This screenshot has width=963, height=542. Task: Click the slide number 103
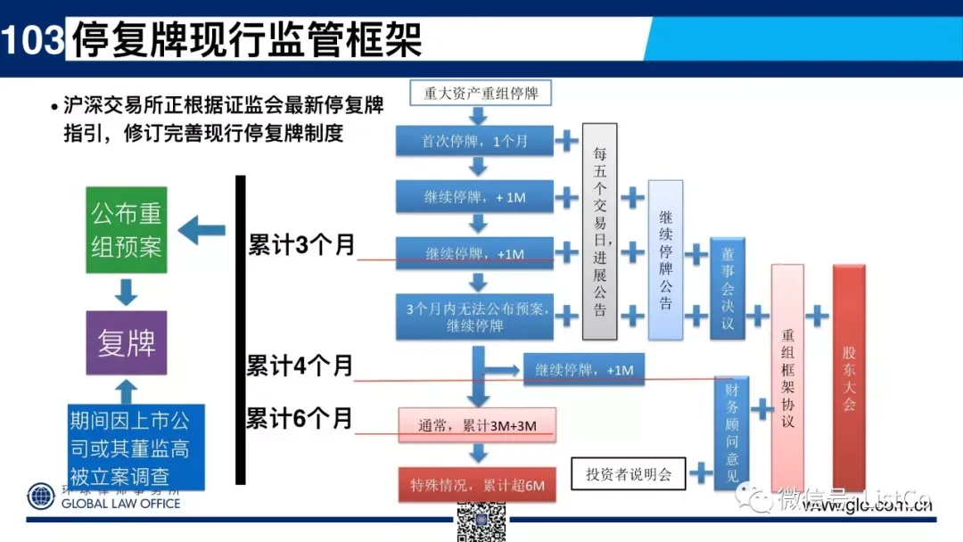point(33,40)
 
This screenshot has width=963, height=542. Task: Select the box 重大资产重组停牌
point(481,93)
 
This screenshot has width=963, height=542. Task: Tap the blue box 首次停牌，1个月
point(475,141)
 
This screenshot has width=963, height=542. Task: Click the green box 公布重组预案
point(127,231)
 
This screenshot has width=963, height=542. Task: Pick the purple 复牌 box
point(127,342)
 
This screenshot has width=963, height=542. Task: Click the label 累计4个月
point(300,365)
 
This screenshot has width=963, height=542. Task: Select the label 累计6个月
point(300,417)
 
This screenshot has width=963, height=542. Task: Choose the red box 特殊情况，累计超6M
point(476,485)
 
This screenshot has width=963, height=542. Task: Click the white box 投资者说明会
point(629,474)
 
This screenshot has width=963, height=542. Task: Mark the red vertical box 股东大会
point(849,378)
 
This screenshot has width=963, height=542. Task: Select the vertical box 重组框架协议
point(787,378)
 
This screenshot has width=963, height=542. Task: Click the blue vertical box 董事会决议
point(728,288)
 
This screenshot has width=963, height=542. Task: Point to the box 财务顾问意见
point(731,433)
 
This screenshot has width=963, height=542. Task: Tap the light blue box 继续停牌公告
point(666,259)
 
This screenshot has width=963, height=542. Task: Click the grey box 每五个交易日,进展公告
point(600,232)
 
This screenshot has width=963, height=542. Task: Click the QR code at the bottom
point(481,521)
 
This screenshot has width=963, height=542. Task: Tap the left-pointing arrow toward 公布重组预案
point(202,231)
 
